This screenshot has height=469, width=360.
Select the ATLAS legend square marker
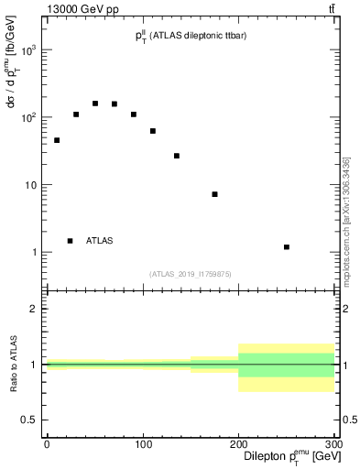(71, 241)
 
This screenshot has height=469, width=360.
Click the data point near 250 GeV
(287, 247)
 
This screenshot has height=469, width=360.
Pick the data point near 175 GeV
(214, 194)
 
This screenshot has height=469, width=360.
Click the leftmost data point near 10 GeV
(57, 140)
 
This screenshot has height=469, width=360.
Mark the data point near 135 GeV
(177, 156)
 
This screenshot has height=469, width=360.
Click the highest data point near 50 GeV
(95, 104)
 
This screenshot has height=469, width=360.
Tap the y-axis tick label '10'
(31, 185)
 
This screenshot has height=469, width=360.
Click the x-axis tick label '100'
(143, 444)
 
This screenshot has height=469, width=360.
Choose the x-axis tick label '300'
(333, 444)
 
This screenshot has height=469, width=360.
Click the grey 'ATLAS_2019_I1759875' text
(190, 274)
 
